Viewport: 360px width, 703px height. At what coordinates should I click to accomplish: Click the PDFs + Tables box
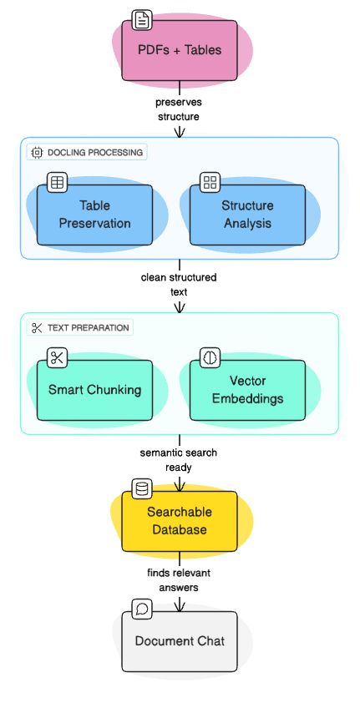(x=180, y=50)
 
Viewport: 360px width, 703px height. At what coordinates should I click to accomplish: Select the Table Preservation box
(x=94, y=214)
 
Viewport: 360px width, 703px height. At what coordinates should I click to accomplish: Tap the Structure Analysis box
(x=247, y=214)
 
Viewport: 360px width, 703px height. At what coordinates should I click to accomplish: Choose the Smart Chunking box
(x=94, y=390)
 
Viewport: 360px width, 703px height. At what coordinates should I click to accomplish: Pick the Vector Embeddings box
(x=247, y=390)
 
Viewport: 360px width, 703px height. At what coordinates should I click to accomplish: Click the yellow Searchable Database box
(x=180, y=521)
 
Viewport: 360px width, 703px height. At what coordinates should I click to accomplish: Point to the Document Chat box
(x=180, y=641)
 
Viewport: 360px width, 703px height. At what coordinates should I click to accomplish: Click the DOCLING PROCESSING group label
(x=87, y=153)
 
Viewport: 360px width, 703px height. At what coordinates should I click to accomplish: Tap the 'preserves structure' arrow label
(x=179, y=109)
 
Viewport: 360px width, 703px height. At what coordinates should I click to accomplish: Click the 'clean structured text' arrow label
(x=179, y=285)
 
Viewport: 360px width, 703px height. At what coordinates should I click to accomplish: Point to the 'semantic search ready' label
(x=179, y=460)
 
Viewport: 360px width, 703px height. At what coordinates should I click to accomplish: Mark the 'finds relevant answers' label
(x=179, y=580)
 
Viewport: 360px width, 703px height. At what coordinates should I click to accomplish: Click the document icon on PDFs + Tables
(x=142, y=20)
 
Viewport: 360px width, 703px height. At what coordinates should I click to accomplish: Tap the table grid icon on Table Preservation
(x=57, y=182)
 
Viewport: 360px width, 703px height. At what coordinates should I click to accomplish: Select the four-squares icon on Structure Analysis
(x=210, y=182)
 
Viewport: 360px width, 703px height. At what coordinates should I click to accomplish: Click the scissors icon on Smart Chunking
(x=57, y=357)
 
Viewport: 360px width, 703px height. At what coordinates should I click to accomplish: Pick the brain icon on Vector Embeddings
(x=210, y=357)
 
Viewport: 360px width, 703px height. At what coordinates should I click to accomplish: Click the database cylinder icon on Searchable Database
(x=142, y=489)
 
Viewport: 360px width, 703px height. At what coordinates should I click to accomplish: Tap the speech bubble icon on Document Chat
(x=142, y=609)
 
